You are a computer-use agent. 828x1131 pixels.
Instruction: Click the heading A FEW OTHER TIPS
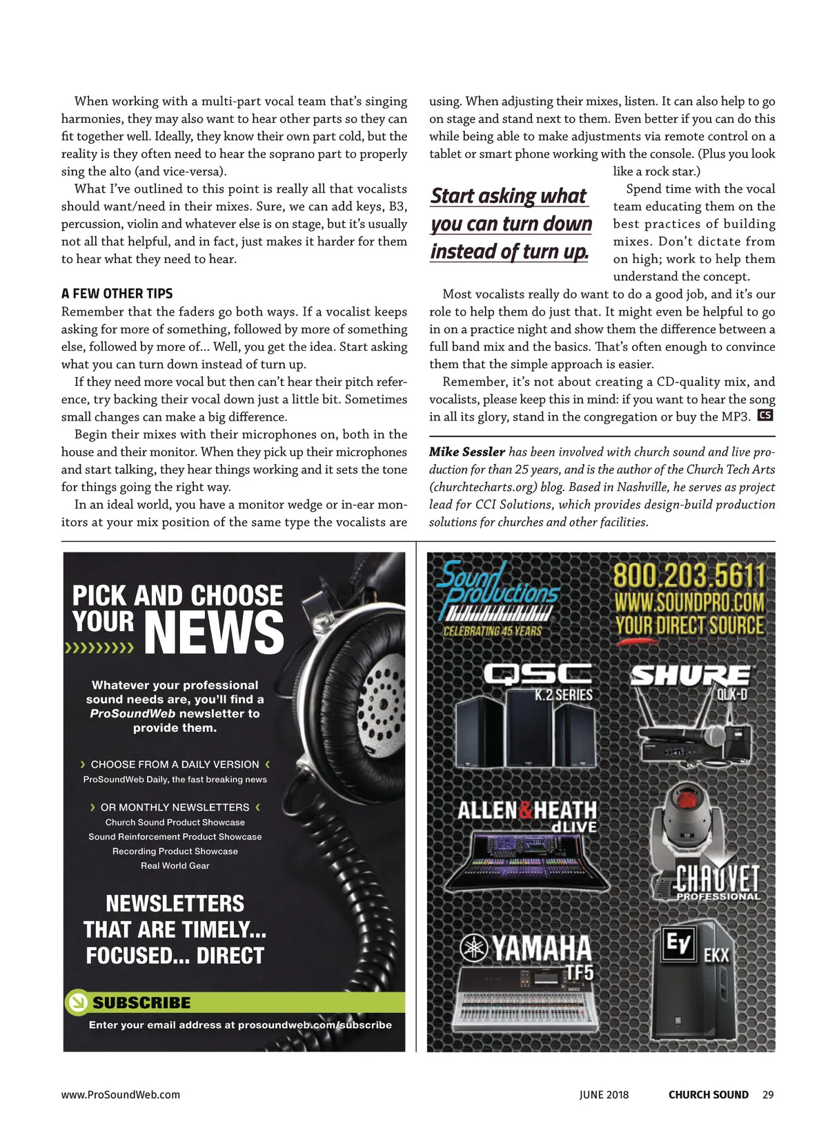(x=117, y=293)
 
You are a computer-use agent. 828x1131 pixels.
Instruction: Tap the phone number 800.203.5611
(x=689, y=576)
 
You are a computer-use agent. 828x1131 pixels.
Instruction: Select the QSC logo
(x=538, y=674)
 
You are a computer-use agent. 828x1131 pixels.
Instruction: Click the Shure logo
(x=689, y=675)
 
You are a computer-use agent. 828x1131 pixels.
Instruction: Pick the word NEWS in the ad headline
(x=214, y=632)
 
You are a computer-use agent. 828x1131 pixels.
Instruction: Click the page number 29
(x=768, y=1094)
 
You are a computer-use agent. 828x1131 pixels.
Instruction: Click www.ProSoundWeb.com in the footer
(x=121, y=1094)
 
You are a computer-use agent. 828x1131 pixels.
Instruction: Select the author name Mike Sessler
(x=467, y=452)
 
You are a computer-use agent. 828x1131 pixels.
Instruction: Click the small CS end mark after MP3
(x=765, y=416)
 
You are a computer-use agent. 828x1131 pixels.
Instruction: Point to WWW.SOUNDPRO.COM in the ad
(x=689, y=603)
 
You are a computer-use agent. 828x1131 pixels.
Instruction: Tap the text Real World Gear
(x=175, y=866)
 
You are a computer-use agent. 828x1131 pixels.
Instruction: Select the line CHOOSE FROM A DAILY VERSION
(x=175, y=764)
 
